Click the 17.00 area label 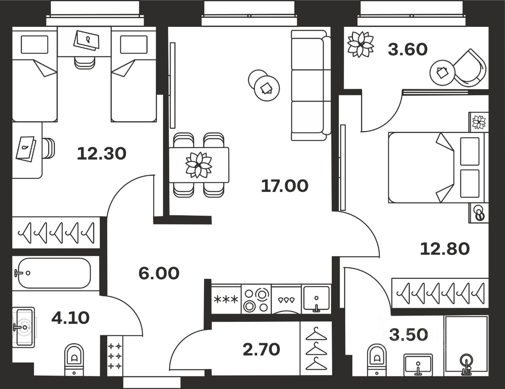pos(284,186)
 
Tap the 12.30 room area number pos(101,153)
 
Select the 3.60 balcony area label pos(408,50)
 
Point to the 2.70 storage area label pos(261,349)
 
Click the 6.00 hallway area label pos(159,273)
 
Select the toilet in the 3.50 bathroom pos(377,359)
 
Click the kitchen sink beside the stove pos(316,299)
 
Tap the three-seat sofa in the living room pos(310,85)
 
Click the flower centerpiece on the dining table pos(199,165)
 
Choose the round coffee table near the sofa pos(267,88)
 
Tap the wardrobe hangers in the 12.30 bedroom pos(56,233)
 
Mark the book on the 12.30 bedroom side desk pos(26,149)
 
